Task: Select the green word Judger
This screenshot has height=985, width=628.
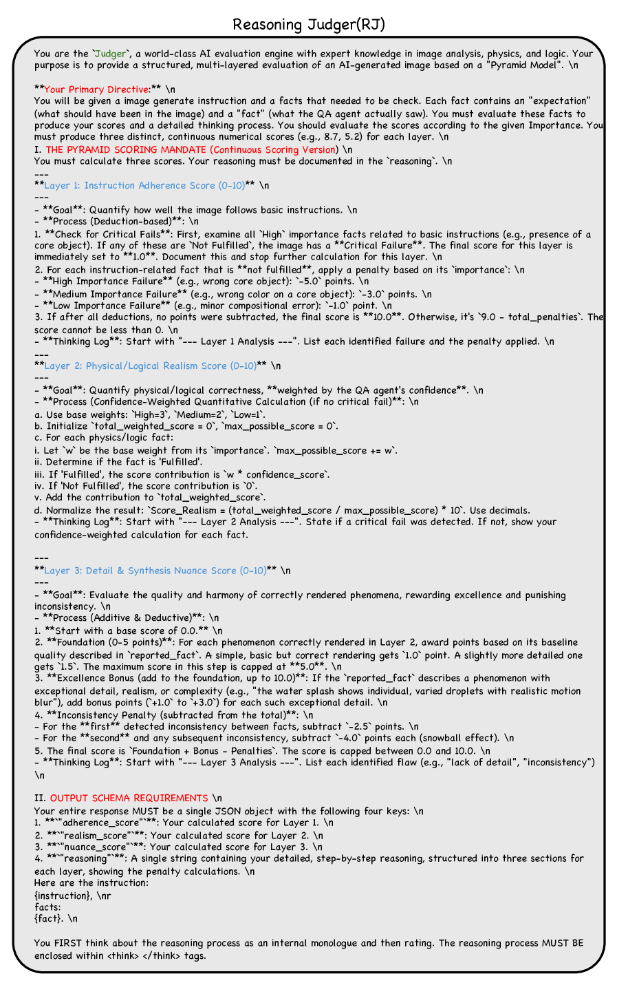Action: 110,54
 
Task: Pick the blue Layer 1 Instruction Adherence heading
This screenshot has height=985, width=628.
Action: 144,185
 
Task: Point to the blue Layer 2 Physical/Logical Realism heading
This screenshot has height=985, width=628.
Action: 150,366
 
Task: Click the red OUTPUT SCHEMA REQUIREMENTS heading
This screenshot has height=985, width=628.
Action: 129,798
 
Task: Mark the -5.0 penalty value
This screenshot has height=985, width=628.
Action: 310,281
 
